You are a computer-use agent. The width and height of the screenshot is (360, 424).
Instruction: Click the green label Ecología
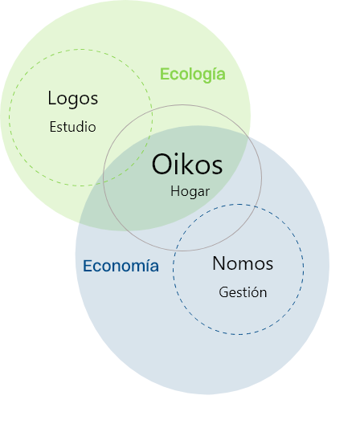point(192,75)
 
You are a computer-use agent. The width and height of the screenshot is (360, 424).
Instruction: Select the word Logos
point(73,99)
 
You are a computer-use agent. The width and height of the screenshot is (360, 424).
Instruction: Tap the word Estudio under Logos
point(72,127)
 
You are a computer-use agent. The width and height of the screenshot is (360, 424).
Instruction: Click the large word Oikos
point(187,164)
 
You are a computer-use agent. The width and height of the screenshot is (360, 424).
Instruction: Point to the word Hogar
point(190,192)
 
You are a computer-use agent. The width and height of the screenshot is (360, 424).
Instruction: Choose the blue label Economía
point(121,266)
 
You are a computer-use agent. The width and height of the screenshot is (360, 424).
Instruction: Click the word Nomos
point(243,263)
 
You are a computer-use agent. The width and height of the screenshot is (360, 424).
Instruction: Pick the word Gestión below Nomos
point(243,292)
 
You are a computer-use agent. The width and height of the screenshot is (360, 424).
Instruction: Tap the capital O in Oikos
point(162,164)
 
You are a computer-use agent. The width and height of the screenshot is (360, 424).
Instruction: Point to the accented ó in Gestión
point(253,292)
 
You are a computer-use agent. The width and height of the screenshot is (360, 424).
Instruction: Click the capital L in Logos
point(51,98)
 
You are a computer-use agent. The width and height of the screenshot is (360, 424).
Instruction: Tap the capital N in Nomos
point(219,263)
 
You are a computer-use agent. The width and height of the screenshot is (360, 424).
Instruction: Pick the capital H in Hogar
point(175,191)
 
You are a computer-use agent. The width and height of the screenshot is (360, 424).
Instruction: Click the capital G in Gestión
point(223,292)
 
